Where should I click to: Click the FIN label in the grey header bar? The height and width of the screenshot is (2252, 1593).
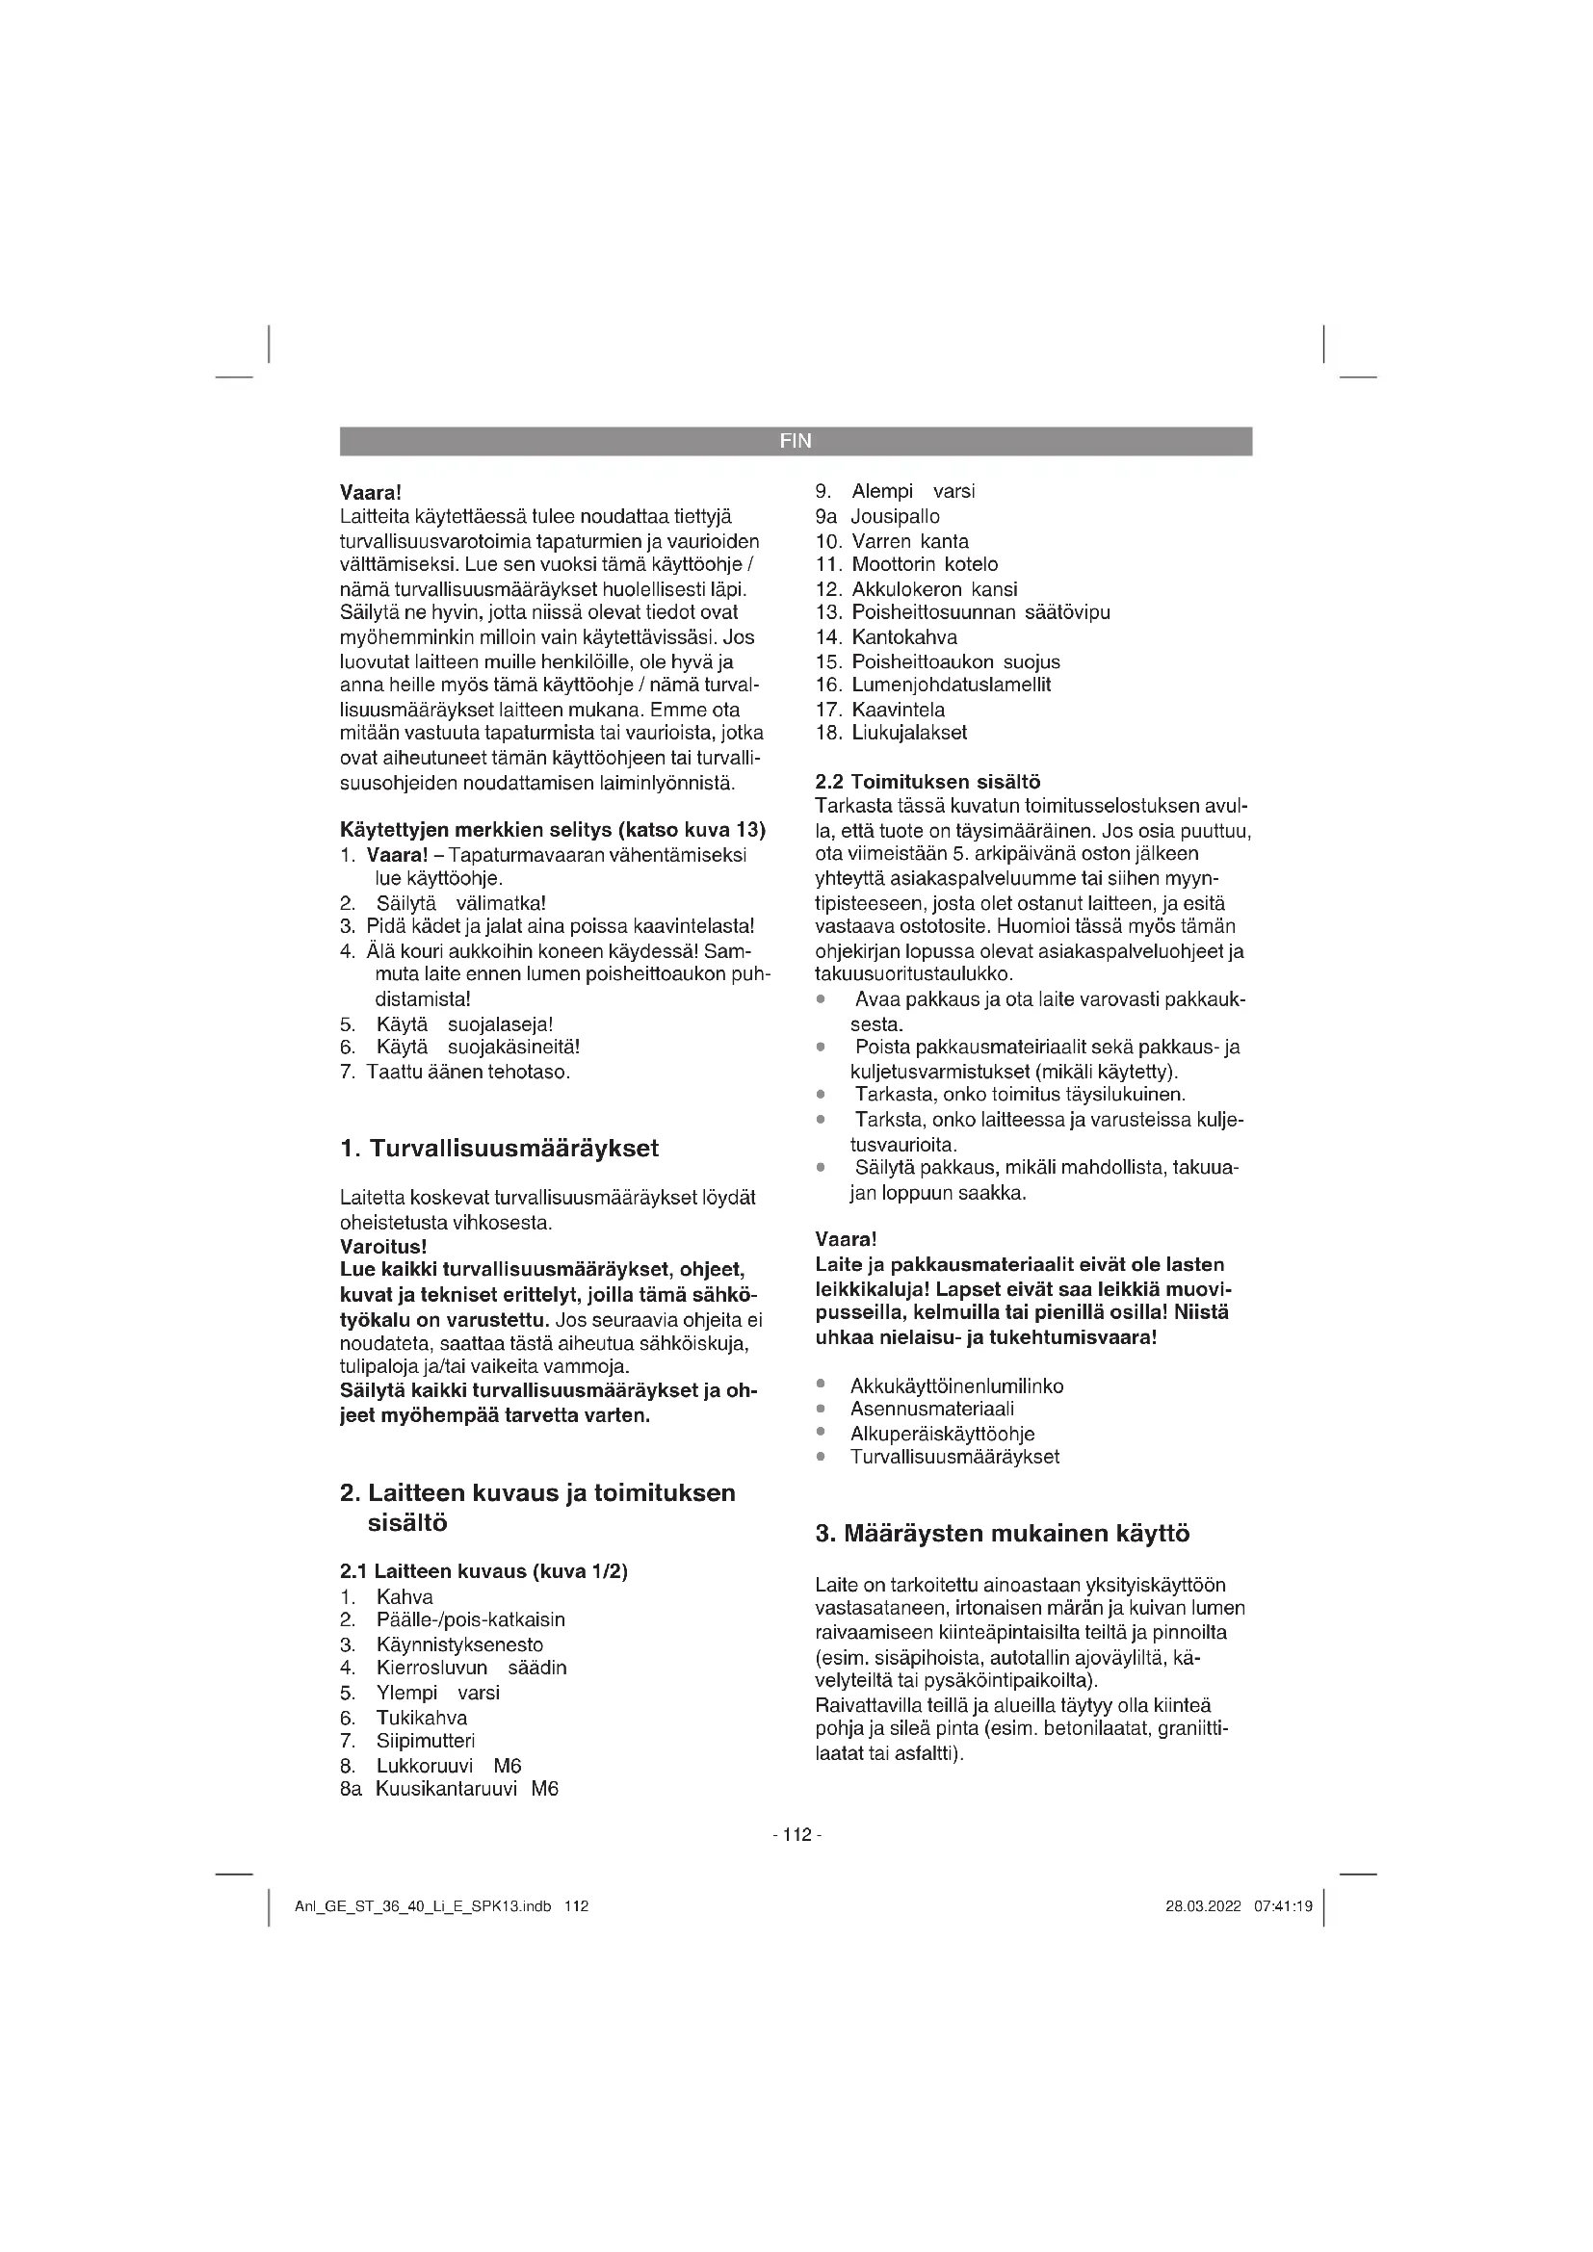click(796, 441)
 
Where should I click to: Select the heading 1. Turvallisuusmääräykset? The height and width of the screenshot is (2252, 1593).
click(499, 1149)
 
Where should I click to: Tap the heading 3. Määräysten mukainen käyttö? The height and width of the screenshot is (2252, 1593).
click(1003, 1533)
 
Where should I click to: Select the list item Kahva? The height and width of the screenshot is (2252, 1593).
click(405, 1596)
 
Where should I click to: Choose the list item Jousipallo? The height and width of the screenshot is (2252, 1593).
click(895, 517)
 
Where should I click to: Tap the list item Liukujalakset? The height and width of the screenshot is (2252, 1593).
click(908, 733)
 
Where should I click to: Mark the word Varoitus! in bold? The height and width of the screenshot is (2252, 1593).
click(382, 1247)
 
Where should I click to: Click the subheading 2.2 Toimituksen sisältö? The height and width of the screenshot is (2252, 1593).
click(927, 783)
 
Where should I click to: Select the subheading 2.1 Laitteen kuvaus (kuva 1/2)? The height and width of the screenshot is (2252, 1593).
click(483, 1571)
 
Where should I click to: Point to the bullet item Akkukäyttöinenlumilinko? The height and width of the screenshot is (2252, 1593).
click(956, 1385)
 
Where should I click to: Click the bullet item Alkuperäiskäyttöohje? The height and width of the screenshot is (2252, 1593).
click(942, 1434)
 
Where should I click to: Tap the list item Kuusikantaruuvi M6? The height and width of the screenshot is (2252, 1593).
click(467, 1789)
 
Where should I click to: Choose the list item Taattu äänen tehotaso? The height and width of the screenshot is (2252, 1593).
click(468, 1072)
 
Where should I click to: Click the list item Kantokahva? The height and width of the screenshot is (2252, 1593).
click(903, 637)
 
